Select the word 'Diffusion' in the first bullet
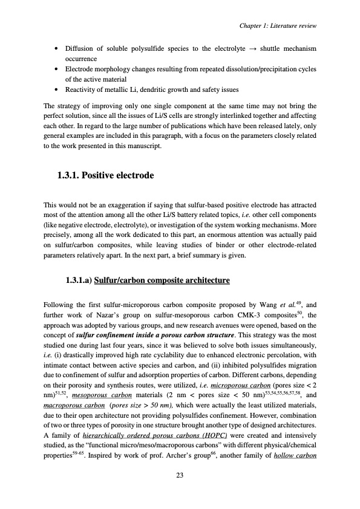[x=80, y=47]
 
